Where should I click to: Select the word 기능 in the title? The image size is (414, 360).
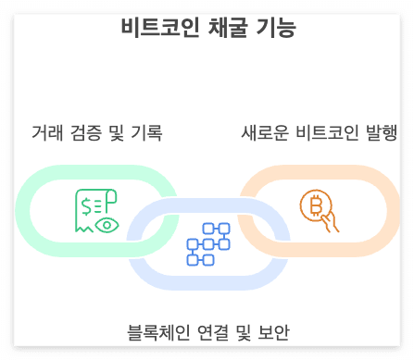click(x=274, y=28)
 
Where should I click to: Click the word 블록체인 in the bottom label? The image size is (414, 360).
click(x=158, y=332)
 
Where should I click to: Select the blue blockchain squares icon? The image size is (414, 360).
click(x=207, y=243)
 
